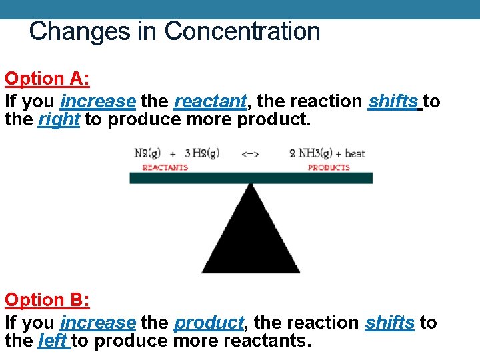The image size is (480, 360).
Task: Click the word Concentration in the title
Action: point(242,31)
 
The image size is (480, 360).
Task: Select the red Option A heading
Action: point(47,79)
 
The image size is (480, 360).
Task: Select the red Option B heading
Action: point(47,300)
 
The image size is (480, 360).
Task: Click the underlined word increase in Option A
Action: point(98,101)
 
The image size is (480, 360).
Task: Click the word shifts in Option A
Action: point(393,101)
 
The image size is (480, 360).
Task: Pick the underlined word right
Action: point(59,120)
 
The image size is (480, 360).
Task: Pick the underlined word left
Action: point(53,341)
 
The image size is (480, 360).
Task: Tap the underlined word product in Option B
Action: point(209,323)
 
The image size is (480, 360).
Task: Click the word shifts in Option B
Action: point(390,323)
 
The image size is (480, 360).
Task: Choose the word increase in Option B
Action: point(98,323)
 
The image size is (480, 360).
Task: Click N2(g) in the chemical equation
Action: point(149,153)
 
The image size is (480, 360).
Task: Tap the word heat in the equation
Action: point(355,153)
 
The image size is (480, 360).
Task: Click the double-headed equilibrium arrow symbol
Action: point(250,153)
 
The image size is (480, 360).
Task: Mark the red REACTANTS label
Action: point(165,167)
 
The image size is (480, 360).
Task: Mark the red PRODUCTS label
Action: point(329,167)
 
